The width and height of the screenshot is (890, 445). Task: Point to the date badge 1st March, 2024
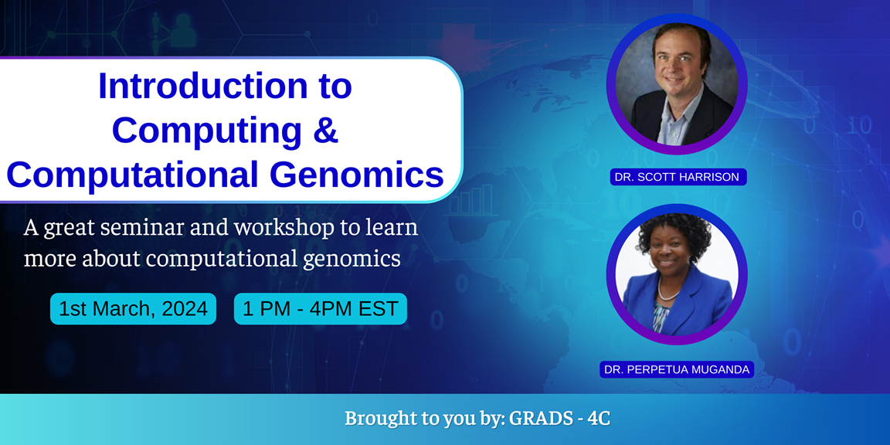point(133,309)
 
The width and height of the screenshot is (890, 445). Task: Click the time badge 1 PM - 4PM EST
point(320,309)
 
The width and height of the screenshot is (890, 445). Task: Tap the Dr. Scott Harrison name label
point(676,177)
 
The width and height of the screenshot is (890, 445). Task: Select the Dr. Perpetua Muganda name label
point(676,369)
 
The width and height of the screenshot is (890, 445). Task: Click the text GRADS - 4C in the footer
point(560,419)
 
